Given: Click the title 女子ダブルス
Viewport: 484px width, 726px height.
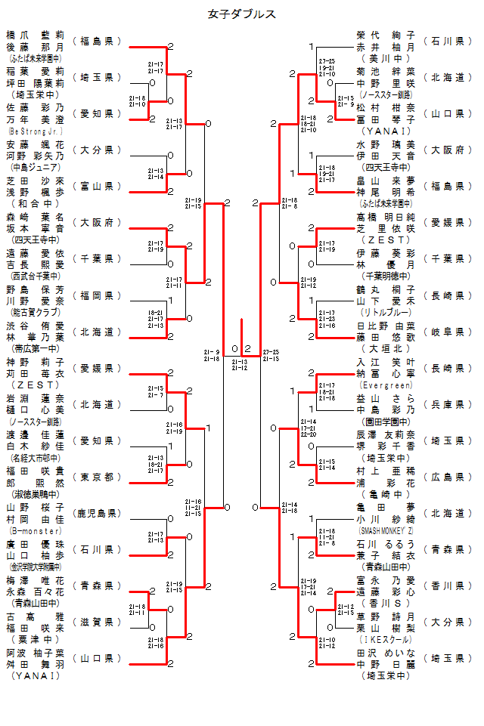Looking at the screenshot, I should click(241, 14).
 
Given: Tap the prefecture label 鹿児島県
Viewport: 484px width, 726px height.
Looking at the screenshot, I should click(97, 514).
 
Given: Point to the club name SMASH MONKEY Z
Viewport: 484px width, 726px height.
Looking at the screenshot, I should click(386, 531).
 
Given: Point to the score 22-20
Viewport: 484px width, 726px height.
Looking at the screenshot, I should click(309, 434).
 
